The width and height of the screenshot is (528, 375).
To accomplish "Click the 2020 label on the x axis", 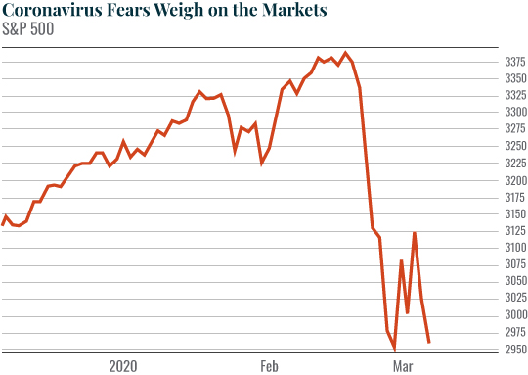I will pos(123,366).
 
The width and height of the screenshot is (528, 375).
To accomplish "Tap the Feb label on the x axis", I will pos(271,366).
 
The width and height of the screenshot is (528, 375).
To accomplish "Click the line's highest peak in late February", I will pos(346,53).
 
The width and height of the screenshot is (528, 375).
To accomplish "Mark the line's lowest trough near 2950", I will pos(395,349).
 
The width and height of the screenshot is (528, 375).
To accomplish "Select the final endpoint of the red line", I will pos(429,342).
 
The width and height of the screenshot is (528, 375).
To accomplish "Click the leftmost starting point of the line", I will pos(3,224).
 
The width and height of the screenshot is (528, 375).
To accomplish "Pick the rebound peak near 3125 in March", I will pos(416,233).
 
